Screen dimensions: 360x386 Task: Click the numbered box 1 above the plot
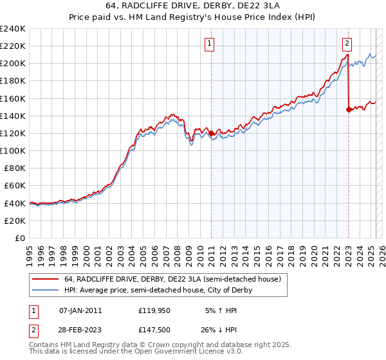(x=210, y=44)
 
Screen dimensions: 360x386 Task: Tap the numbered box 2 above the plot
(x=347, y=44)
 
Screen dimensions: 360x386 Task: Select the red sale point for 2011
(x=211, y=133)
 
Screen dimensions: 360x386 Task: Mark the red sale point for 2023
(x=349, y=109)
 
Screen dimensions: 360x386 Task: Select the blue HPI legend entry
(x=158, y=290)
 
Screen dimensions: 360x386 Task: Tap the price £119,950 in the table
(x=153, y=310)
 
